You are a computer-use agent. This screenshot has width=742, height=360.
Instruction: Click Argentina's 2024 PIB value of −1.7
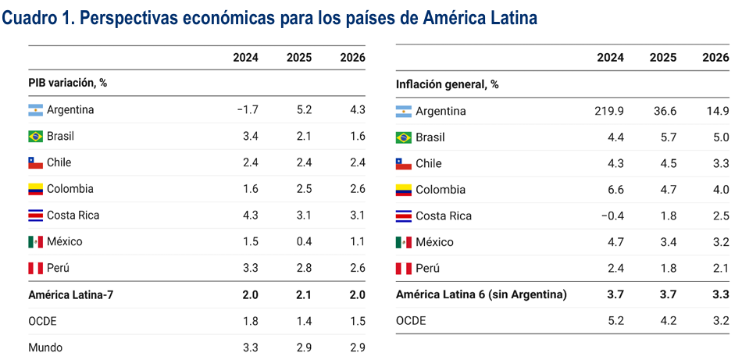click(247, 110)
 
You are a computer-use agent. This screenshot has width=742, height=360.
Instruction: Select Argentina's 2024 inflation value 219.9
click(609, 111)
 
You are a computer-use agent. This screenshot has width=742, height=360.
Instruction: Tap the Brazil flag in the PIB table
click(36, 137)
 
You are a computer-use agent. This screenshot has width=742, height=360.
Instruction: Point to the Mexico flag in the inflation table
click(403, 242)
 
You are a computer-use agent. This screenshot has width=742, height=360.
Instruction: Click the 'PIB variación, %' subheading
click(67, 83)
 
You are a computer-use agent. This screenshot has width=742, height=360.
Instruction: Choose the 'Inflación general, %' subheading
click(447, 84)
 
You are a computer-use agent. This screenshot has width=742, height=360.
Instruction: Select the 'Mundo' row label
click(45, 348)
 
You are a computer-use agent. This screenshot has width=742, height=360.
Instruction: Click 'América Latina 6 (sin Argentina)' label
click(481, 294)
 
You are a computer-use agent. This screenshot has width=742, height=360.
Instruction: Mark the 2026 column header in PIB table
click(352, 57)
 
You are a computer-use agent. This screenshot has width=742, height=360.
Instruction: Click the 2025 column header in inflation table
click(663, 57)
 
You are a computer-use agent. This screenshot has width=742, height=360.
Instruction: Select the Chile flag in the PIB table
click(36, 163)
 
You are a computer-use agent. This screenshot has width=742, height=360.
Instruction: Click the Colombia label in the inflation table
click(441, 190)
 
